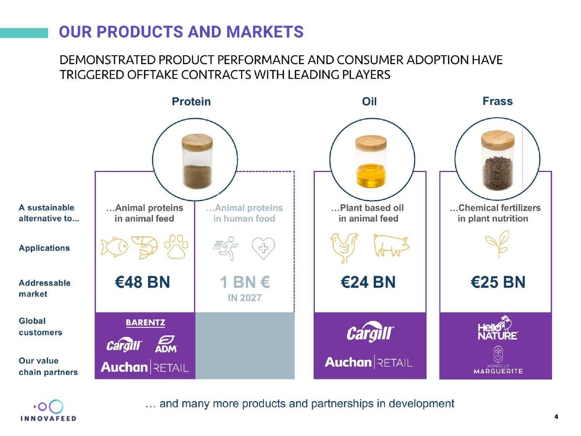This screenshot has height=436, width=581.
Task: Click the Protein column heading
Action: (191, 102)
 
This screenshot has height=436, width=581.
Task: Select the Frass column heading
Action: (497, 101)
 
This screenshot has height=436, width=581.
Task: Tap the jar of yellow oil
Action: (371, 161)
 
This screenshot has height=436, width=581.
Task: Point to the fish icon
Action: (114, 247)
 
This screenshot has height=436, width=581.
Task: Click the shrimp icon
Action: (144, 247)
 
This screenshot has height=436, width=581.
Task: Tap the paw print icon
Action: (176, 246)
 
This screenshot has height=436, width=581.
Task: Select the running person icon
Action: (226, 248)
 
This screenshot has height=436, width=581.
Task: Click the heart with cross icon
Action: (263, 248)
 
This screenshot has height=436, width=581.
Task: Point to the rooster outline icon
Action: (344, 248)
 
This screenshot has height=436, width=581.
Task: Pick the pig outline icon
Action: (391, 245)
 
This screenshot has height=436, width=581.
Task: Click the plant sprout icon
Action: (498, 244)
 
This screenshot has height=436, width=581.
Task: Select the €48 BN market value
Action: (142, 282)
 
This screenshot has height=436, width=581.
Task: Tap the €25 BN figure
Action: (498, 282)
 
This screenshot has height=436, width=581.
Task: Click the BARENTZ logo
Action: (145, 323)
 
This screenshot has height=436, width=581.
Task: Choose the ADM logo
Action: (166, 344)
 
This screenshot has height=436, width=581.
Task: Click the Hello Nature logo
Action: (498, 328)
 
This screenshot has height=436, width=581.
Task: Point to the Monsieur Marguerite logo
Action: (498, 360)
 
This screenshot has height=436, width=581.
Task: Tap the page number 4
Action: (556, 417)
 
